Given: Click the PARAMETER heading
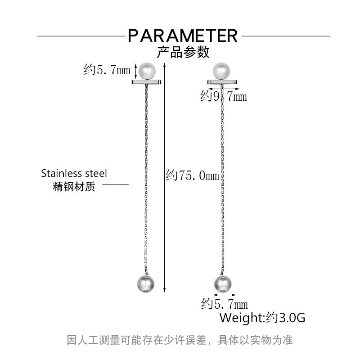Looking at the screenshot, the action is (183, 36).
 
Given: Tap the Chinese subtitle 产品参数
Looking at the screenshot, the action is (183, 52).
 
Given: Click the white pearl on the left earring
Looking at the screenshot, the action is (147, 71).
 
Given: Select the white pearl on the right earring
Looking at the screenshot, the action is (221, 71).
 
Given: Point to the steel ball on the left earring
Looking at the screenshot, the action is (145, 284).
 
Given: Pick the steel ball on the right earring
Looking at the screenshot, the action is (223, 284).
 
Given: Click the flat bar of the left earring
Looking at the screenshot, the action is (147, 82).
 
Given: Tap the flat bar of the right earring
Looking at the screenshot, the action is (222, 82).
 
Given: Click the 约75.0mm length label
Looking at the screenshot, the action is (193, 175).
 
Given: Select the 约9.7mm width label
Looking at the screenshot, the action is (224, 96).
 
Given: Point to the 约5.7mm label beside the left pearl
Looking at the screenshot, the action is (107, 69).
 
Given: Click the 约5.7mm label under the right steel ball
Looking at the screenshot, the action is (225, 304).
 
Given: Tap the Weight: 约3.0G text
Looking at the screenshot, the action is (262, 318).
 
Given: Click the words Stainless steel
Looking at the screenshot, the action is (74, 173).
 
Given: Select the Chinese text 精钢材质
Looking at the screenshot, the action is (74, 186).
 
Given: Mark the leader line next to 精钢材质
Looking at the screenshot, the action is (115, 184).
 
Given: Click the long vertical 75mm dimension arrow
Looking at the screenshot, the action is (164, 177).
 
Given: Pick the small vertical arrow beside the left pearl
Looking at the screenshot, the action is (135, 71).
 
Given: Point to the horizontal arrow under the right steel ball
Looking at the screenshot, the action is (225, 295).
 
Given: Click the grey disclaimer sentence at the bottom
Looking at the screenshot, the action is (180, 340).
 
